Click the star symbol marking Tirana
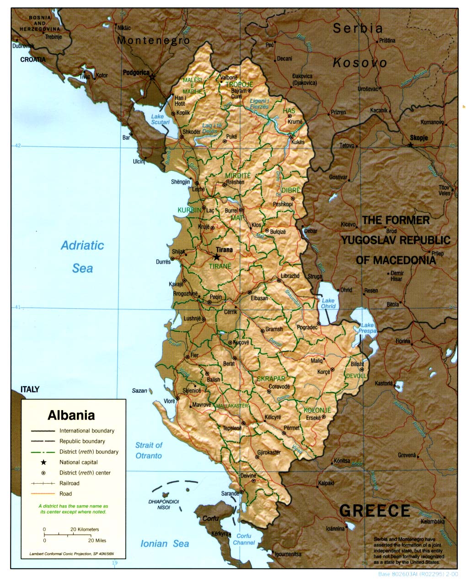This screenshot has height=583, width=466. (216, 257)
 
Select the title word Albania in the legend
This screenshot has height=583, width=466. (71, 415)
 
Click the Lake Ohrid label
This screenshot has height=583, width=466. (328, 304)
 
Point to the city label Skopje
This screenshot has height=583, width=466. (419, 138)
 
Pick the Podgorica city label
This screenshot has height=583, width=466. (136, 72)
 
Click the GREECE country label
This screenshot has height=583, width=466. (375, 510)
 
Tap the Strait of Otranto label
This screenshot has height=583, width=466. (149, 450)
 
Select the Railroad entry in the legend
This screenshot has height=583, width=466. (70, 483)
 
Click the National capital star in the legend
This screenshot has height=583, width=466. (44, 462)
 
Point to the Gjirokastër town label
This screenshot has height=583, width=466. (268, 453)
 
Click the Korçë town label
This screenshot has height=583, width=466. (324, 372)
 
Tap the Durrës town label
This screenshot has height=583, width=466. (163, 262)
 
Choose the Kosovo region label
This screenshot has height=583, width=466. (359, 63)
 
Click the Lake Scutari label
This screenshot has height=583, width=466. (160, 119)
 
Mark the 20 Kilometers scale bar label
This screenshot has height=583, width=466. (85, 529)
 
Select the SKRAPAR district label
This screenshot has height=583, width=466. (271, 379)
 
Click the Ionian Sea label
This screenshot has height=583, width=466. (165, 544)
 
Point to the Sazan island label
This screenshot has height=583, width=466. (139, 390)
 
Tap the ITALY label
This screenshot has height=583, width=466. (30, 389)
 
